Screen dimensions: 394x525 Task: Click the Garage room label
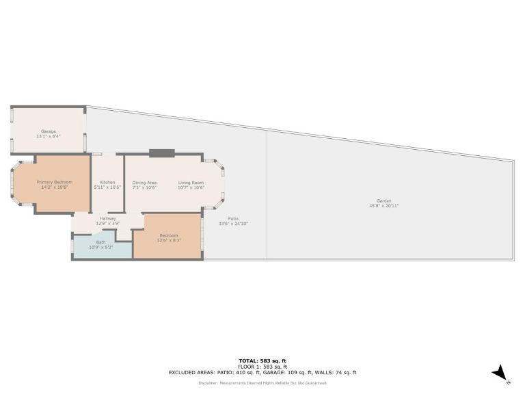pos(48,131)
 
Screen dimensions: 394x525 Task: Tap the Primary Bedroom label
pos(53,182)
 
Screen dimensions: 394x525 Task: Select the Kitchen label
pos(107,182)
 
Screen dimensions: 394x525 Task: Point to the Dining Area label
pos(144,183)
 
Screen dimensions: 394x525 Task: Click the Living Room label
pos(191,183)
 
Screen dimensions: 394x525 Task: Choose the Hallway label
pos(107,218)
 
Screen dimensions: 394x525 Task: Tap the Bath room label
pos(100,242)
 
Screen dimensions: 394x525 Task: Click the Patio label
pos(233,219)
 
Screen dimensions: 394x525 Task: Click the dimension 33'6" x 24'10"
pos(233,224)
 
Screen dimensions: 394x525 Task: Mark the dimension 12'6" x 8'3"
pos(168,240)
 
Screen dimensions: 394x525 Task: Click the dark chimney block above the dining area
pos(162,153)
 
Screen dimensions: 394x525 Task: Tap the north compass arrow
pos(500,372)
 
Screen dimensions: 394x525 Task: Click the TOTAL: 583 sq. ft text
pos(262,360)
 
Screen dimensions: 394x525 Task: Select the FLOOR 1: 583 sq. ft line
pos(262,367)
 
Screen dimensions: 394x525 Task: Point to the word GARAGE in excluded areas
pos(291,373)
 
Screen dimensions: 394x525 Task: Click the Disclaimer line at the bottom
pos(262,382)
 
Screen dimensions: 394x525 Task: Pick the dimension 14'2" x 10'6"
pos(53,187)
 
